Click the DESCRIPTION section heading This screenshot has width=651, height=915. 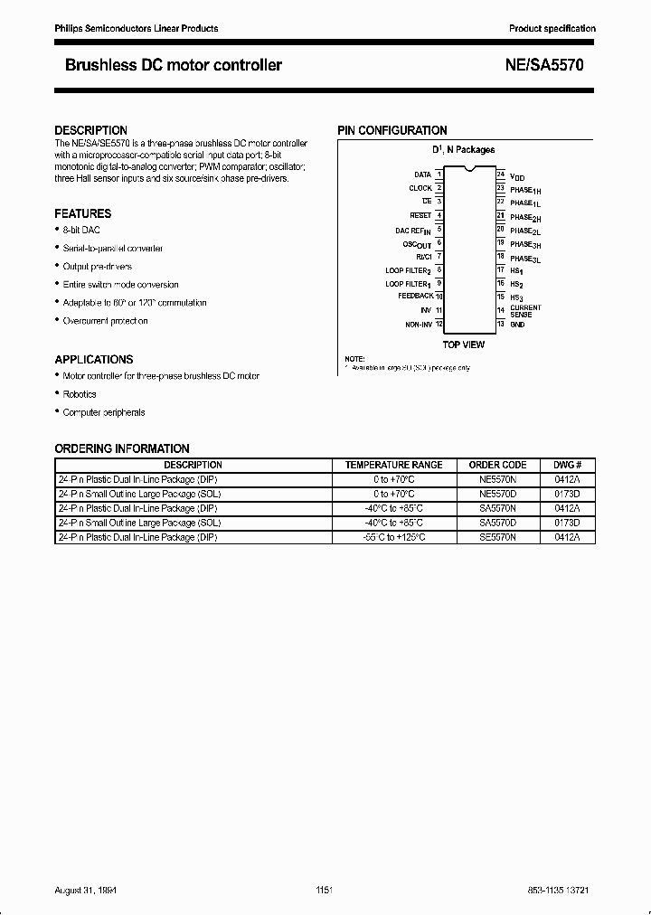90,130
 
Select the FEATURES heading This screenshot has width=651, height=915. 83,213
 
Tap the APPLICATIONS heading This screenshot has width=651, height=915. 94,359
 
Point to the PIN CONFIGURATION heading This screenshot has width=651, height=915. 392,130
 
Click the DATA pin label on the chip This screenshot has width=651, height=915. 422,175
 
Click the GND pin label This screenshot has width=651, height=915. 517,324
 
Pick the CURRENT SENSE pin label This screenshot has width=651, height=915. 525,310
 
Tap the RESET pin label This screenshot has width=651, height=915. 420,215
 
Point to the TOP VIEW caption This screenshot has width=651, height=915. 463,344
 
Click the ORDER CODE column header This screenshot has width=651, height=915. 497,465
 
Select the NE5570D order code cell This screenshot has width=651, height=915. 497,494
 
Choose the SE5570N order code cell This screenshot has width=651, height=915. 497,537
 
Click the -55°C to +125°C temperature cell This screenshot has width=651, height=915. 393,537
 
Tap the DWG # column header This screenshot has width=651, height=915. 566,465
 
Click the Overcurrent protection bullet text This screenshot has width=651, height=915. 105,321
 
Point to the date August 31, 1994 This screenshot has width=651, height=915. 86,890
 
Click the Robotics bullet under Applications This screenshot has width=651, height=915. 80,394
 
